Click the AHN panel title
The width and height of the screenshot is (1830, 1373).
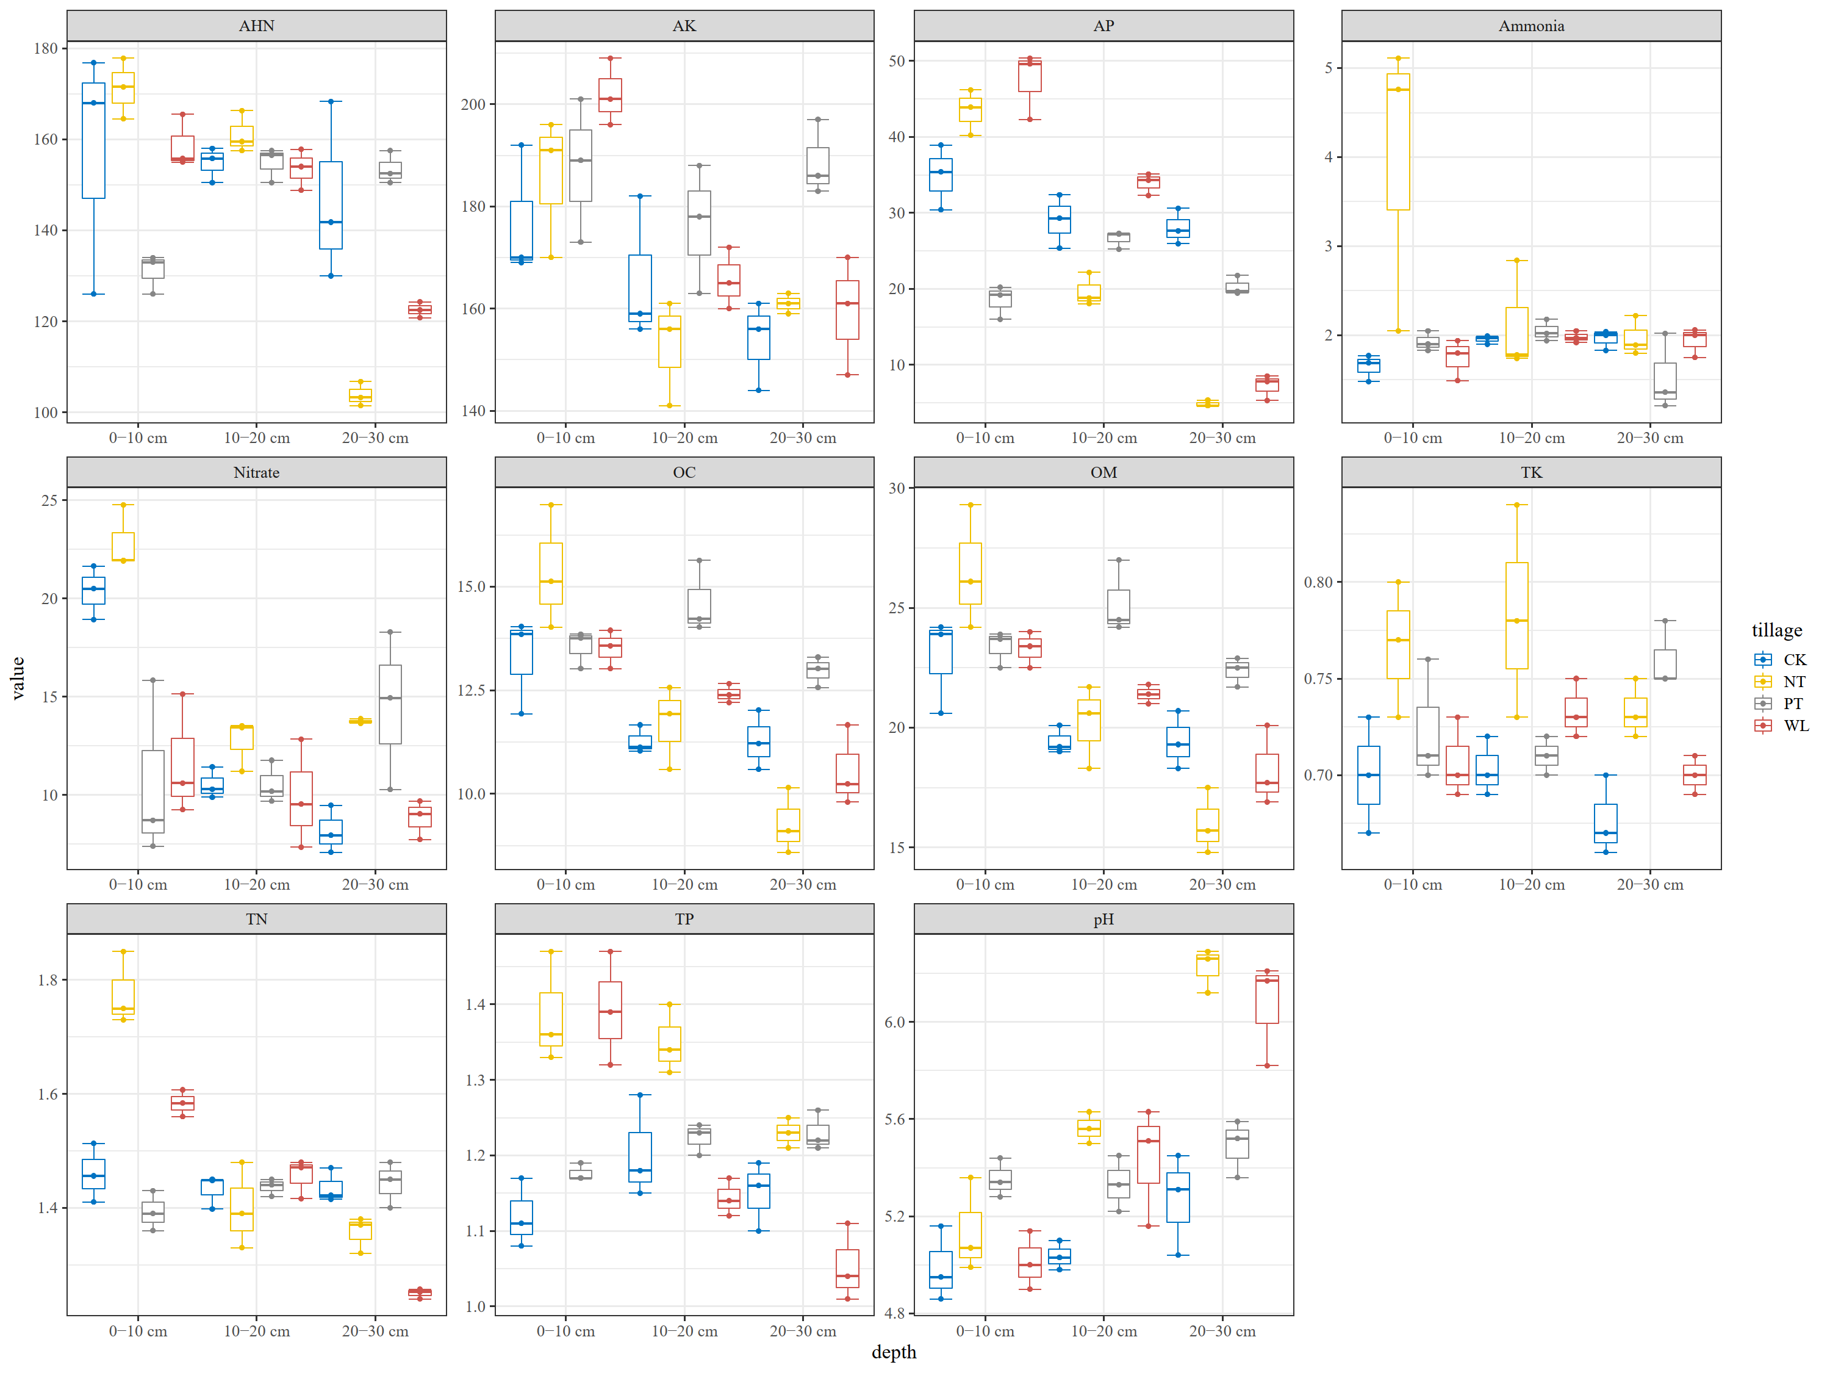256,26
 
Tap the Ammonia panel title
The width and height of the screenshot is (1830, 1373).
1530,26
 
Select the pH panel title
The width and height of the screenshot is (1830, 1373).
1103,920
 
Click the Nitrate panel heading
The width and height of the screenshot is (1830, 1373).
256,472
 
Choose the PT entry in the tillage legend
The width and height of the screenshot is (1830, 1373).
1792,704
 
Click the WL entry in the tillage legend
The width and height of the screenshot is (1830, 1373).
1795,726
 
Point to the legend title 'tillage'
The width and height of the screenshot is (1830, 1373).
1776,630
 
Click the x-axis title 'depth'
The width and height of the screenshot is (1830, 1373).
894,1352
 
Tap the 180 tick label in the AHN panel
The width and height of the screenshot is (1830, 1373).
46,49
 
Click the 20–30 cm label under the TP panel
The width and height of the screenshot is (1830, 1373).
803,1332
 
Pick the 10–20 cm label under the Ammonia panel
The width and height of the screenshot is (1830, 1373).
1531,438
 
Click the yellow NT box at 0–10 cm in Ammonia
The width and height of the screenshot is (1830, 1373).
1398,141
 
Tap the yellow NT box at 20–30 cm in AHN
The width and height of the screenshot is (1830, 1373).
361,395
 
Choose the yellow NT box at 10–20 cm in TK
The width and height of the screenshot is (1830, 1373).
1516,615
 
